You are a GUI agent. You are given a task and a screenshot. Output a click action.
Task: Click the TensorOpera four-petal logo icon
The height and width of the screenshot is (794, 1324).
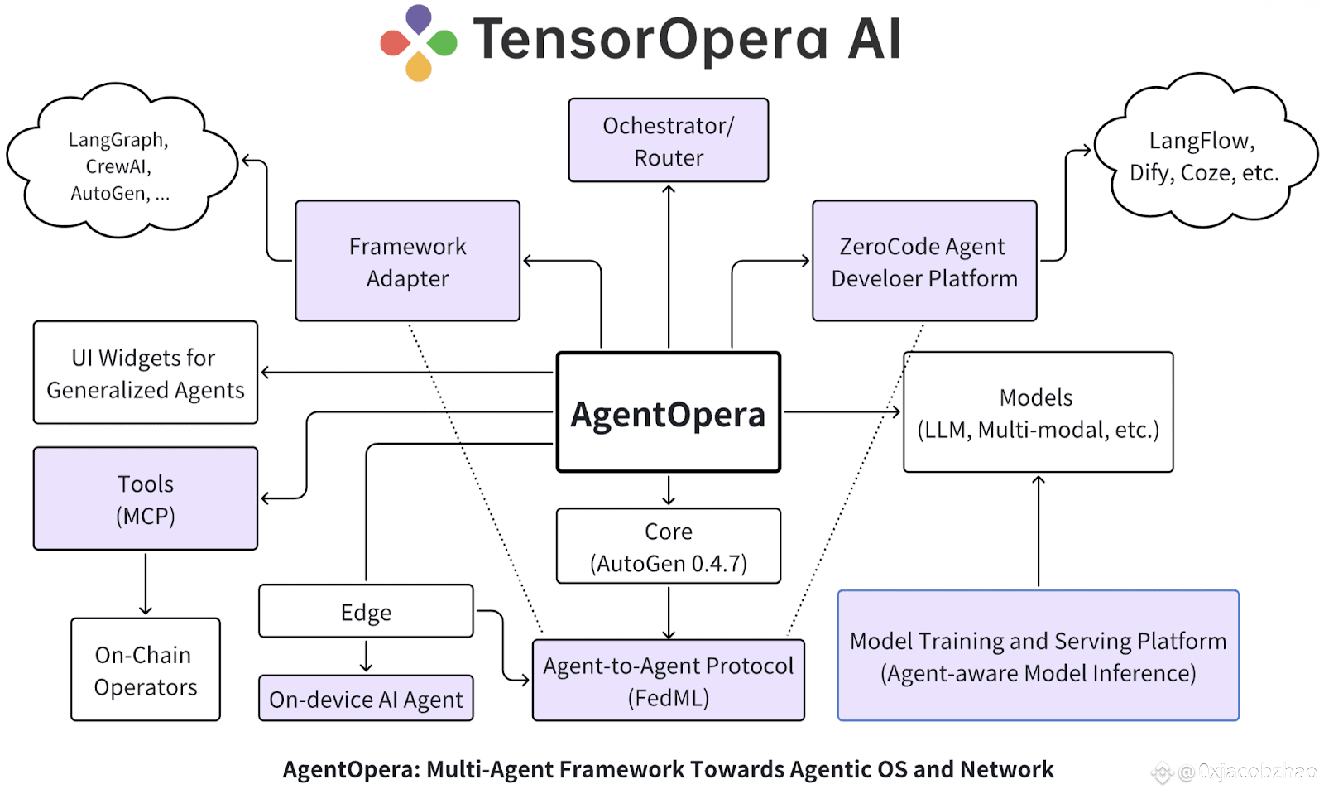click(419, 42)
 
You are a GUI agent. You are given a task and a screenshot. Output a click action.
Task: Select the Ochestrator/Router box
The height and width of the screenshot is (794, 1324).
click(669, 141)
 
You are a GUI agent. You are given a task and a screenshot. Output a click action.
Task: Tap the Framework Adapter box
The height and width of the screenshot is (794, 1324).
click(408, 261)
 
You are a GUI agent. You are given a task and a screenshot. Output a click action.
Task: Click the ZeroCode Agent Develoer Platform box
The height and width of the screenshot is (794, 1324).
click(924, 261)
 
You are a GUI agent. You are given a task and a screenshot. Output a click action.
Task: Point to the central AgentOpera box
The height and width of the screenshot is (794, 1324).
click(669, 412)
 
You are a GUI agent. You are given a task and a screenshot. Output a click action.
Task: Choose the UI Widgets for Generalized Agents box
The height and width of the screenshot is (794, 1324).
click(146, 373)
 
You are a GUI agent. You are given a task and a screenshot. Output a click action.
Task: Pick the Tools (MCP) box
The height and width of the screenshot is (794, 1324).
click(146, 498)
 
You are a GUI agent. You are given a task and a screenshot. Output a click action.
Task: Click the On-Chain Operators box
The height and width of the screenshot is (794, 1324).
click(146, 670)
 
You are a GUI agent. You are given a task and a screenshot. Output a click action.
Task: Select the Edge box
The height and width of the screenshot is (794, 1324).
click(366, 611)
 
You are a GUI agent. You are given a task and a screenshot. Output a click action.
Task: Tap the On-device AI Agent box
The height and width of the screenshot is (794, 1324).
click(366, 698)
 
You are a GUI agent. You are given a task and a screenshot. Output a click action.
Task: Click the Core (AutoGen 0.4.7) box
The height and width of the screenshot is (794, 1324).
click(669, 546)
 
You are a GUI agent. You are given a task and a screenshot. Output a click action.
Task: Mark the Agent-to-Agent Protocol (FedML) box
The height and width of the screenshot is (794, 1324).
click(669, 681)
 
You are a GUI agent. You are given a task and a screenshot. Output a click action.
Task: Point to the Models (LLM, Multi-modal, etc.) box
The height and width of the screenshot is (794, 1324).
click(1038, 412)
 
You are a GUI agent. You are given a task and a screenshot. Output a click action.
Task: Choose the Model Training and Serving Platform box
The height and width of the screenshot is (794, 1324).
click(1038, 656)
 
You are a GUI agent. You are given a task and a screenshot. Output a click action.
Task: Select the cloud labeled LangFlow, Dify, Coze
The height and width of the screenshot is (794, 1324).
click(1204, 156)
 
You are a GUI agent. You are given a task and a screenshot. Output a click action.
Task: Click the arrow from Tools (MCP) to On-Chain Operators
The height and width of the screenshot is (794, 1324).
click(146, 584)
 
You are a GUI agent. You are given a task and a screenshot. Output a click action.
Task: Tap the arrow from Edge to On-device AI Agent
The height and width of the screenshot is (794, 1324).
click(366, 656)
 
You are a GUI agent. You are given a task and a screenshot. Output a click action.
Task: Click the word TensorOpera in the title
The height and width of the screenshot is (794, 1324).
click(650, 40)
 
